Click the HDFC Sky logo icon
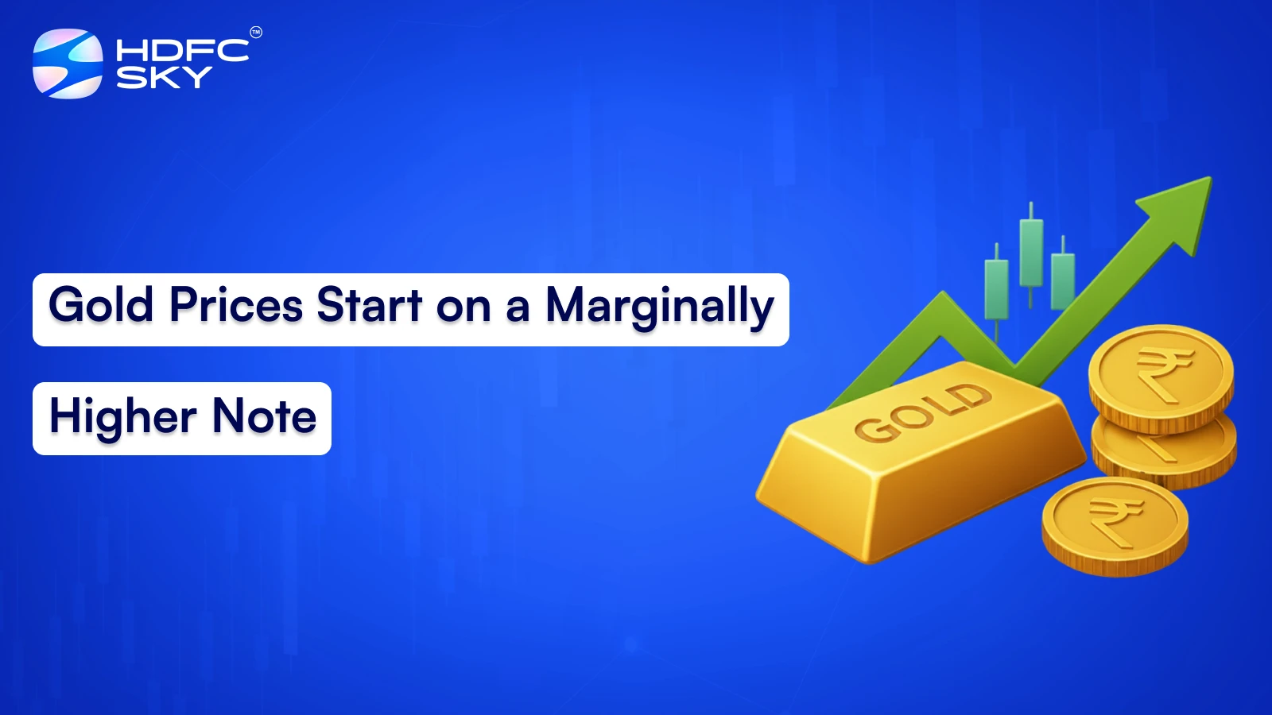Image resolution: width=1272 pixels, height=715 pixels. (68, 64)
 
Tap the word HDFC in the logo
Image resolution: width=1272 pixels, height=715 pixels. (182, 51)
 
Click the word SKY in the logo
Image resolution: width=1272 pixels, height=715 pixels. (164, 77)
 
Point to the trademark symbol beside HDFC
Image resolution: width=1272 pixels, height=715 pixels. (256, 33)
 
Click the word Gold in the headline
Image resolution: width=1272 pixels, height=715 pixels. (101, 305)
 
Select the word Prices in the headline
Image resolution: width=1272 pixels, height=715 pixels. (236, 305)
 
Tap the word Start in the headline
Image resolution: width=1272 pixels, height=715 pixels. (369, 305)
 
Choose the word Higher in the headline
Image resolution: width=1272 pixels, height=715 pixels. (123, 417)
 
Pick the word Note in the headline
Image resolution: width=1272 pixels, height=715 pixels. (264, 417)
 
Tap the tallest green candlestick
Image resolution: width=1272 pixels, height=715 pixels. (1031, 252)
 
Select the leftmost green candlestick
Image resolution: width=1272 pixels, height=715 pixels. (996, 288)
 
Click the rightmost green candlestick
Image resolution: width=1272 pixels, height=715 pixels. (1063, 280)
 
